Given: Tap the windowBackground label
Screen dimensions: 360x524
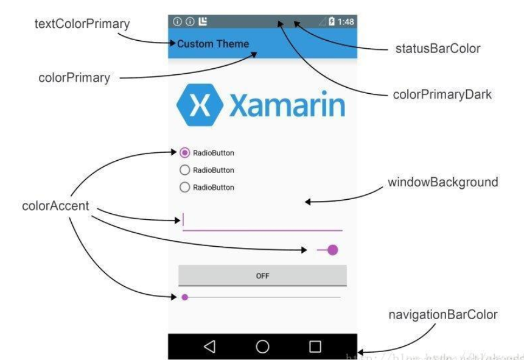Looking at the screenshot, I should pyautogui.click(x=443, y=182).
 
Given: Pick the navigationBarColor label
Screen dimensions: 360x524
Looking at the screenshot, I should pyautogui.click(x=443, y=315).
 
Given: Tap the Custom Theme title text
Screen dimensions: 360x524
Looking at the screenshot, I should pyautogui.click(x=213, y=44).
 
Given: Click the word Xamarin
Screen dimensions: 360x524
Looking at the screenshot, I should pyautogui.click(x=287, y=107).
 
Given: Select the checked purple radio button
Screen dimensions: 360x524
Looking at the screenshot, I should pyautogui.click(x=185, y=153).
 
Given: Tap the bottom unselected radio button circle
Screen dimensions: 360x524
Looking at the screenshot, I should pyautogui.click(x=185, y=188).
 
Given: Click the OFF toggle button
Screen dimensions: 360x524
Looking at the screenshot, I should pyautogui.click(x=262, y=276).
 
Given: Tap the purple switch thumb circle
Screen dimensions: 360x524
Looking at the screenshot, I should pyautogui.click(x=332, y=250).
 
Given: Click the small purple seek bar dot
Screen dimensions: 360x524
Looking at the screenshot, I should pyautogui.click(x=185, y=297).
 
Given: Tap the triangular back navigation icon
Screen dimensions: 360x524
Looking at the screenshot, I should pyautogui.click(x=210, y=347).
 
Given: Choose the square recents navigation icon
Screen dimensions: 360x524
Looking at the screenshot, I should pyautogui.click(x=315, y=347).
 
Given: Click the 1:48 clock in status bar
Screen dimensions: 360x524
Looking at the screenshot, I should pyautogui.click(x=346, y=22).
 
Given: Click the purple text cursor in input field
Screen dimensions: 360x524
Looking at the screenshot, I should pyautogui.click(x=183, y=220).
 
